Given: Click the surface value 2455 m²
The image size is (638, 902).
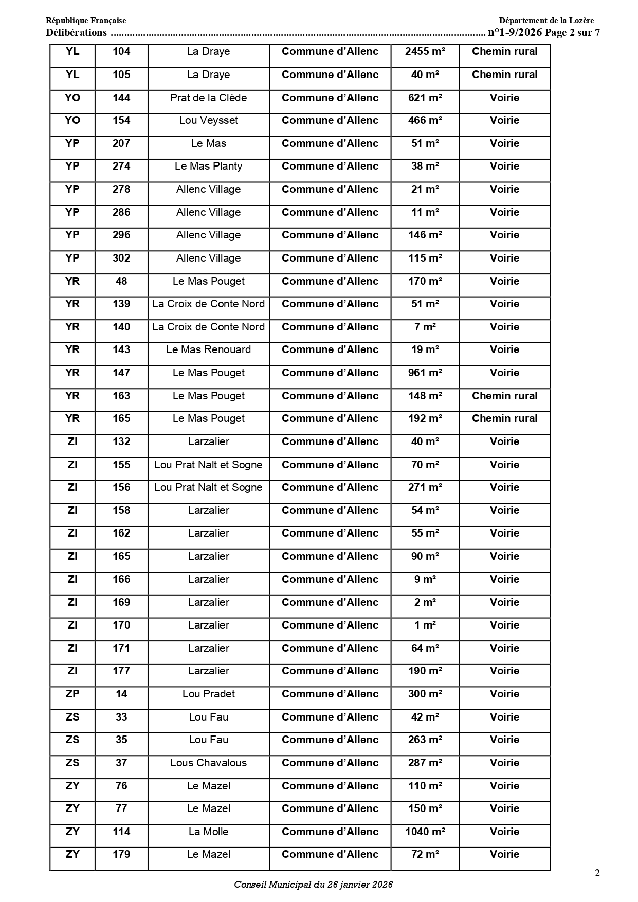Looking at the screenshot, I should click(425, 51).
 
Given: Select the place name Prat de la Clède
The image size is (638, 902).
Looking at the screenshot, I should click(208, 98).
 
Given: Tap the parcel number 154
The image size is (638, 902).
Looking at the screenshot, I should click(121, 120).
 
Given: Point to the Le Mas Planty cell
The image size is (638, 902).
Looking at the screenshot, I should click(208, 166).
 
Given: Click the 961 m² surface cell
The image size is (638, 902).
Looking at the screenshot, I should click(425, 373).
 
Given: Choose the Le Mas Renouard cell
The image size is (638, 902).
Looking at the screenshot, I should click(208, 349).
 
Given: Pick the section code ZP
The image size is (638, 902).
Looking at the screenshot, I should click(72, 694).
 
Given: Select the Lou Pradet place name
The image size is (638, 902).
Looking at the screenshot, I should click(208, 694).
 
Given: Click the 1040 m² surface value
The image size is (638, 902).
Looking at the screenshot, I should click(425, 832).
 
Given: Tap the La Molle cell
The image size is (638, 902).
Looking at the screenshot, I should click(208, 832).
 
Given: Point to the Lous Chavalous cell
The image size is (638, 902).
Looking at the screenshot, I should click(208, 763).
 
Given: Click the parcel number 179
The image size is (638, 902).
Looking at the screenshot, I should click(121, 854).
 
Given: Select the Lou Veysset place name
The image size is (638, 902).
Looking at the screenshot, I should click(208, 120).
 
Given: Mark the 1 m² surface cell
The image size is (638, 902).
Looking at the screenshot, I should click(425, 625).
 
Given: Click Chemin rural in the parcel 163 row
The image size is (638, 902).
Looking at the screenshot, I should click(504, 396).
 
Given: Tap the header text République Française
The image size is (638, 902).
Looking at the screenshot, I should click(86, 21).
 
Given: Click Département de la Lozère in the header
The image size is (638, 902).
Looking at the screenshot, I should click(546, 21).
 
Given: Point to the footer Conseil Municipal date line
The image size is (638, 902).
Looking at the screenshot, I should click(313, 885).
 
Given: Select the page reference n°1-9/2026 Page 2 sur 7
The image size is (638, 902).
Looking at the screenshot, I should click(543, 33).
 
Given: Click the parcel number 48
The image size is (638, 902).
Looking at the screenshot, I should click(121, 281).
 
